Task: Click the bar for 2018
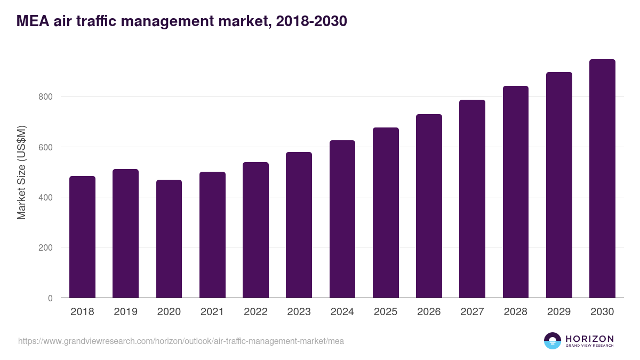[82, 237]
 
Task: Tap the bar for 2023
[299, 225]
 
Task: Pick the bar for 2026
[429, 206]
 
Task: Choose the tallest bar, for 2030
[602, 179]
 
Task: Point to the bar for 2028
[515, 192]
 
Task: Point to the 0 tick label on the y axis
[50, 298]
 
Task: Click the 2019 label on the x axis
[125, 312]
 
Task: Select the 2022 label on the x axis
[255, 312]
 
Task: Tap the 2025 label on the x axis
[386, 312]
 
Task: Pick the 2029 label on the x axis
[559, 312]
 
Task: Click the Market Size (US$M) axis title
[21, 172]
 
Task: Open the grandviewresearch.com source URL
[181, 341]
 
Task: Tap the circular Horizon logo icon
[553, 341]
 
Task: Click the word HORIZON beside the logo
[589, 339]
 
